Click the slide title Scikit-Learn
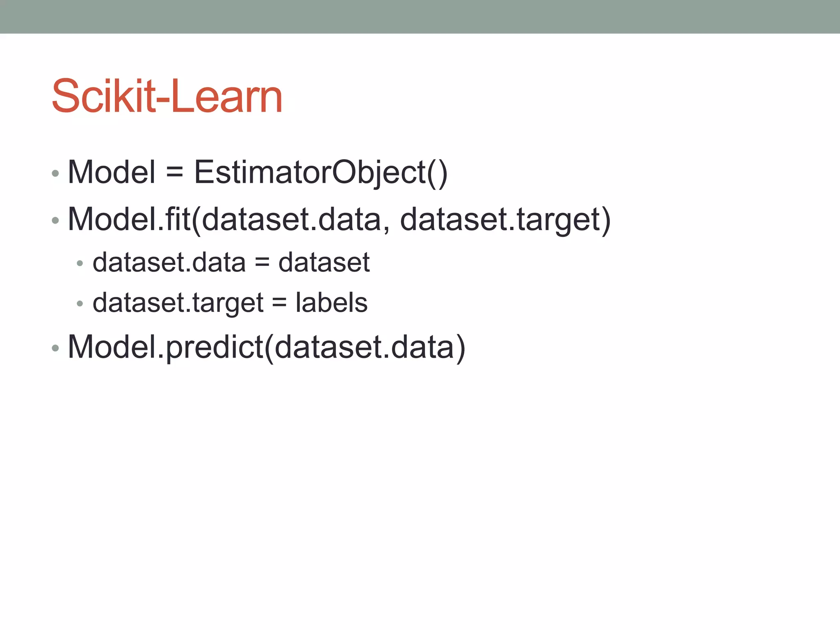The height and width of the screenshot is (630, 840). click(167, 96)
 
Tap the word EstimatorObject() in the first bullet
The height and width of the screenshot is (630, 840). click(320, 172)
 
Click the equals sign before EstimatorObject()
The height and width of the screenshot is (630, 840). click(175, 172)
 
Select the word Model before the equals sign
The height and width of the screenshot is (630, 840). click(112, 172)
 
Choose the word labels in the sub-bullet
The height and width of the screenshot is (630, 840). click(331, 303)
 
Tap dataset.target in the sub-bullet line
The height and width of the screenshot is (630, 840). click(178, 303)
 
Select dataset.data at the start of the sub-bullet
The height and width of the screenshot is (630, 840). click(169, 262)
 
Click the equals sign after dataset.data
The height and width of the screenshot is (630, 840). click(262, 262)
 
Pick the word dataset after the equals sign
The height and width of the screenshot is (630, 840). click(324, 262)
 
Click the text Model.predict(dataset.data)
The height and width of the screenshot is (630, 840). click(267, 347)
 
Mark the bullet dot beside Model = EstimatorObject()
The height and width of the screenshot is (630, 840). click(55, 173)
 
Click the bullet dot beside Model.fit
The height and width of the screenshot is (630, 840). click(55, 221)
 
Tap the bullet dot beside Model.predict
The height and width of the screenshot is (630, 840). click(55, 349)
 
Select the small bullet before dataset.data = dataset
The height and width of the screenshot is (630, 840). click(80, 263)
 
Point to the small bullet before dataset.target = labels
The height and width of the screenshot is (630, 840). click(80, 304)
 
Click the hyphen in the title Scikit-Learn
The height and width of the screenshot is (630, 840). click(163, 100)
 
